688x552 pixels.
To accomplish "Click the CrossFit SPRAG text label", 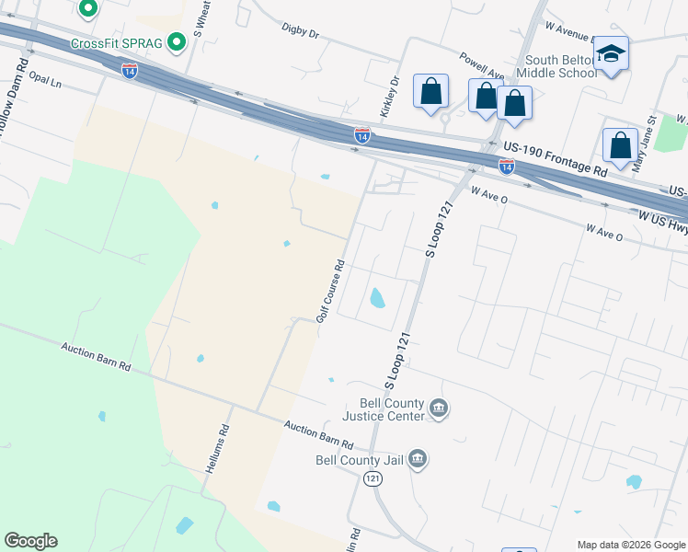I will click(118, 44).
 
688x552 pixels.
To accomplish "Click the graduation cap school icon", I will click(610, 55).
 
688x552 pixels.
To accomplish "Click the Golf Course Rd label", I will click(330, 290).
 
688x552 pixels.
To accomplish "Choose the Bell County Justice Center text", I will click(384, 409).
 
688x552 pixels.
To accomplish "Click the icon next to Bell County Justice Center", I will click(439, 408).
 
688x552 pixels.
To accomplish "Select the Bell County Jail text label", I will click(358, 459).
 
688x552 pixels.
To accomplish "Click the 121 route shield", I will click(373, 478).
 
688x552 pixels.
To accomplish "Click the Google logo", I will click(30, 541).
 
